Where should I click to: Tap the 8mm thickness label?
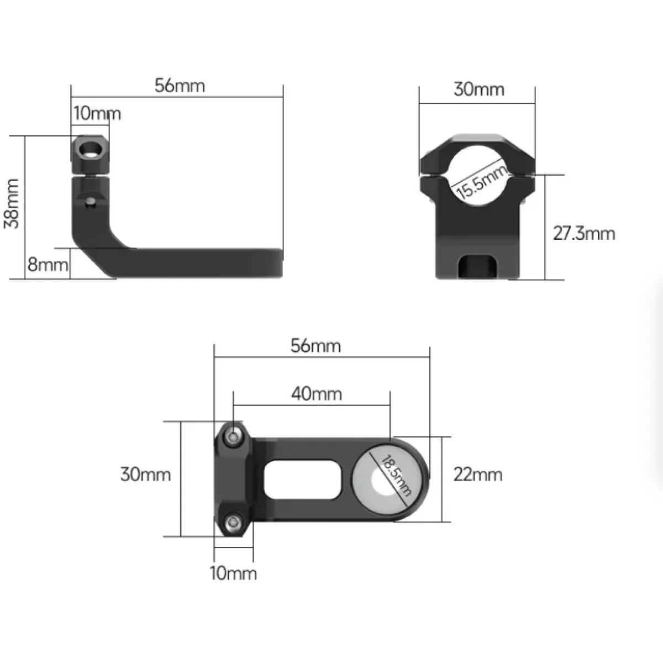coord(48,265)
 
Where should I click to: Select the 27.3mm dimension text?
coord(584,233)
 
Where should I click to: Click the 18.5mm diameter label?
coord(396,476)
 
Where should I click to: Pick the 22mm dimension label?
coord(478,475)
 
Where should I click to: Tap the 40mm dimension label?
coord(317,393)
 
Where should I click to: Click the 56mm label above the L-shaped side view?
coord(180,86)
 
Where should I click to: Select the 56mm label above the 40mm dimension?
coord(315,346)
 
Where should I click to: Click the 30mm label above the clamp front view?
coord(479,89)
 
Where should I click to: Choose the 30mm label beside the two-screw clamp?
coord(145,475)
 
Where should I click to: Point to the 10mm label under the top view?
coord(233,573)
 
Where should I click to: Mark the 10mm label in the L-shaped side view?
coord(97,113)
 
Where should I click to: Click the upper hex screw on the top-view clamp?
coord(234,437)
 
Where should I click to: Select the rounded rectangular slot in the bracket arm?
coord(302,480)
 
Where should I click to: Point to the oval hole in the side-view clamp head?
coord(91,150)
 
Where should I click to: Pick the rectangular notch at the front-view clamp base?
coord(477,266)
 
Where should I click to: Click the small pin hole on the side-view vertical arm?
coord(90,201)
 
